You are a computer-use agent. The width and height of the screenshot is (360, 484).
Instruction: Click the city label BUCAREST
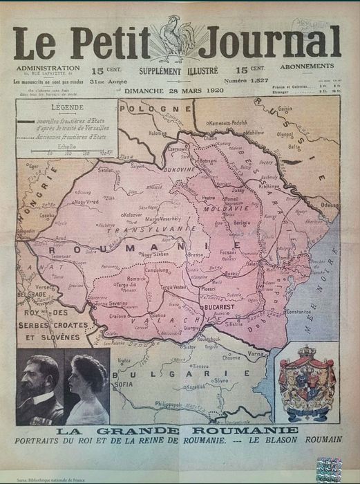(x=220, y=305)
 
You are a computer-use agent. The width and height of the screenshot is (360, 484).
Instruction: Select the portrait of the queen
(x=86, y=389)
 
